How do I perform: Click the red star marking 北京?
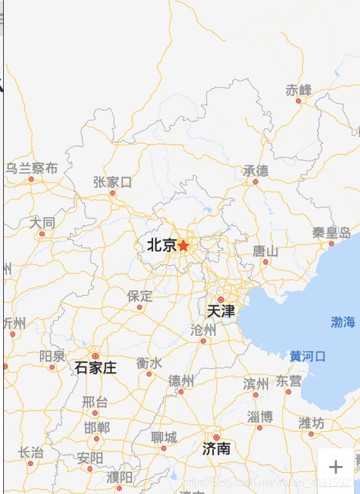pyautogui.click(x=183, y=245)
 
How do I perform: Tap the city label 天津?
pyautogui.click(x=221, y=311)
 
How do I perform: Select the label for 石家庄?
pyautogui.click(x=96, y=368)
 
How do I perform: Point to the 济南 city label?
pyautogui.click(x=216, y=449)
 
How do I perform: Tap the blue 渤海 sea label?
pyautogui.click(x=343, y=322)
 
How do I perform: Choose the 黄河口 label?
pyautogui.click(x=307, y=356)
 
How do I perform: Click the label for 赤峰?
pyautogui.click(x=298, y=90)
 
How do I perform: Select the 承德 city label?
pyautogui.click(x=255, y=170)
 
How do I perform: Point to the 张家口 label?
pyautogui.click(x=112, y=182)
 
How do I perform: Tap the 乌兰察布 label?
pyautogui.click(x=32, y=168)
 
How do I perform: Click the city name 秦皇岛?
pyautogui.click(x=331, y=232)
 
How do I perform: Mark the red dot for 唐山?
pyautogui.click(x=265, y=262)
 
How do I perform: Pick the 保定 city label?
pyautogui.click(x=140, y=296)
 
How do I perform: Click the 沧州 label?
pyautogui.click(x=203, y=330)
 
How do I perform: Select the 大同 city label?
pyautogui.click(x=42, y=223)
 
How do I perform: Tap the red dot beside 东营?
pyautogui.click(x=288, y=392)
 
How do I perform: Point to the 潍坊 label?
pyautogui.click(x=311, y=423)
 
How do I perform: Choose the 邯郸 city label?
pyautogui.click(x=97, y=427)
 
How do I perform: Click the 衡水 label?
pyautogui.click(x=149, y=363)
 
